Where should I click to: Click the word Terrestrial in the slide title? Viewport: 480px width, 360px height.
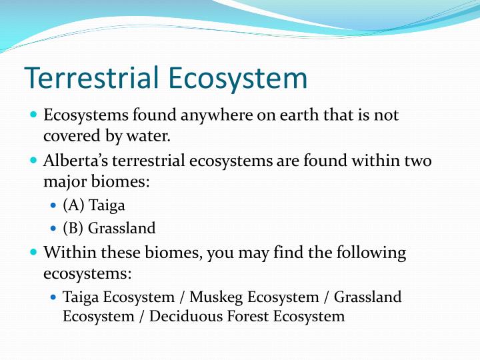point(92,79)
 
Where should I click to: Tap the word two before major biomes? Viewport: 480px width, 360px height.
point(417,161)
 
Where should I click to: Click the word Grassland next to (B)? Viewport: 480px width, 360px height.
point(122,228)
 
